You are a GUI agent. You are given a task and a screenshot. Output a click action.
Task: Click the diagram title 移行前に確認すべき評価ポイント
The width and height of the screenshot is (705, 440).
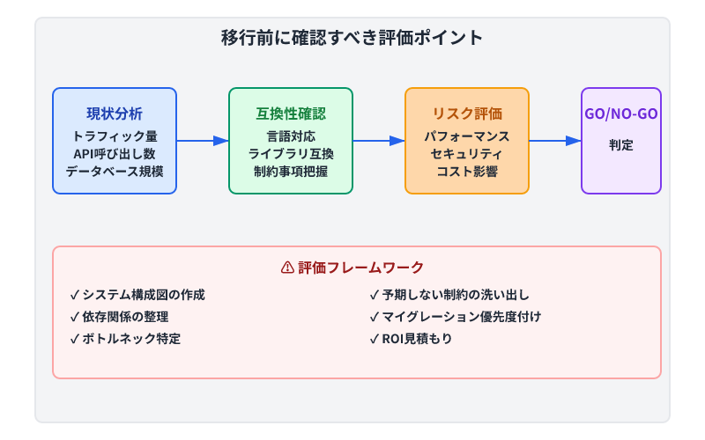[352, 38]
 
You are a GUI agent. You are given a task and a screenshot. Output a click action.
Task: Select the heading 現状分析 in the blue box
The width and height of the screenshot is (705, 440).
[115, 114]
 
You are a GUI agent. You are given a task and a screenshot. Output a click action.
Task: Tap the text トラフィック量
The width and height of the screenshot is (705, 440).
[115, 136]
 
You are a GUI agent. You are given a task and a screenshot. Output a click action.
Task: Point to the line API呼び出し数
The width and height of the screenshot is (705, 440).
[115, 153]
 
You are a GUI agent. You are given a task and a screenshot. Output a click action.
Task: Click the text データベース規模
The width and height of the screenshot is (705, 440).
[115, 171]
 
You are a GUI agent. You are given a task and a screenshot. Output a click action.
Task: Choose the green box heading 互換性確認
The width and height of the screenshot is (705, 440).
[291, 114]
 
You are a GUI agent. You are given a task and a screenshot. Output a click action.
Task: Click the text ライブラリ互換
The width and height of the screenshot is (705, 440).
[291, 153]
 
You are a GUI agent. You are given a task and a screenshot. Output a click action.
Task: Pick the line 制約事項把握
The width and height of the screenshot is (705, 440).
[291, 171]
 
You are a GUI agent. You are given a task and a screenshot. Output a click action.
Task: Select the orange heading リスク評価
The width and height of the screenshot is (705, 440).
[467, 114]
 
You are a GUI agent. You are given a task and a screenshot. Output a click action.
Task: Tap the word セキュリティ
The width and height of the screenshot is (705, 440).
[467, 153]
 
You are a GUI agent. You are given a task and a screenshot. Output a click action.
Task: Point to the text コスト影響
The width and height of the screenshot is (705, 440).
[467, 171]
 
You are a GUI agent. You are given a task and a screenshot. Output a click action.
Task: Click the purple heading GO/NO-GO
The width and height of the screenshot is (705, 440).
[621, 114]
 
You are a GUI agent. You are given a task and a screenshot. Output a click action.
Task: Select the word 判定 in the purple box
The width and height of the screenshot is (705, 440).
[621, 144]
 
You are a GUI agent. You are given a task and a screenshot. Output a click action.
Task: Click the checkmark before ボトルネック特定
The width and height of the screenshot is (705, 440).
[75, 338]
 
